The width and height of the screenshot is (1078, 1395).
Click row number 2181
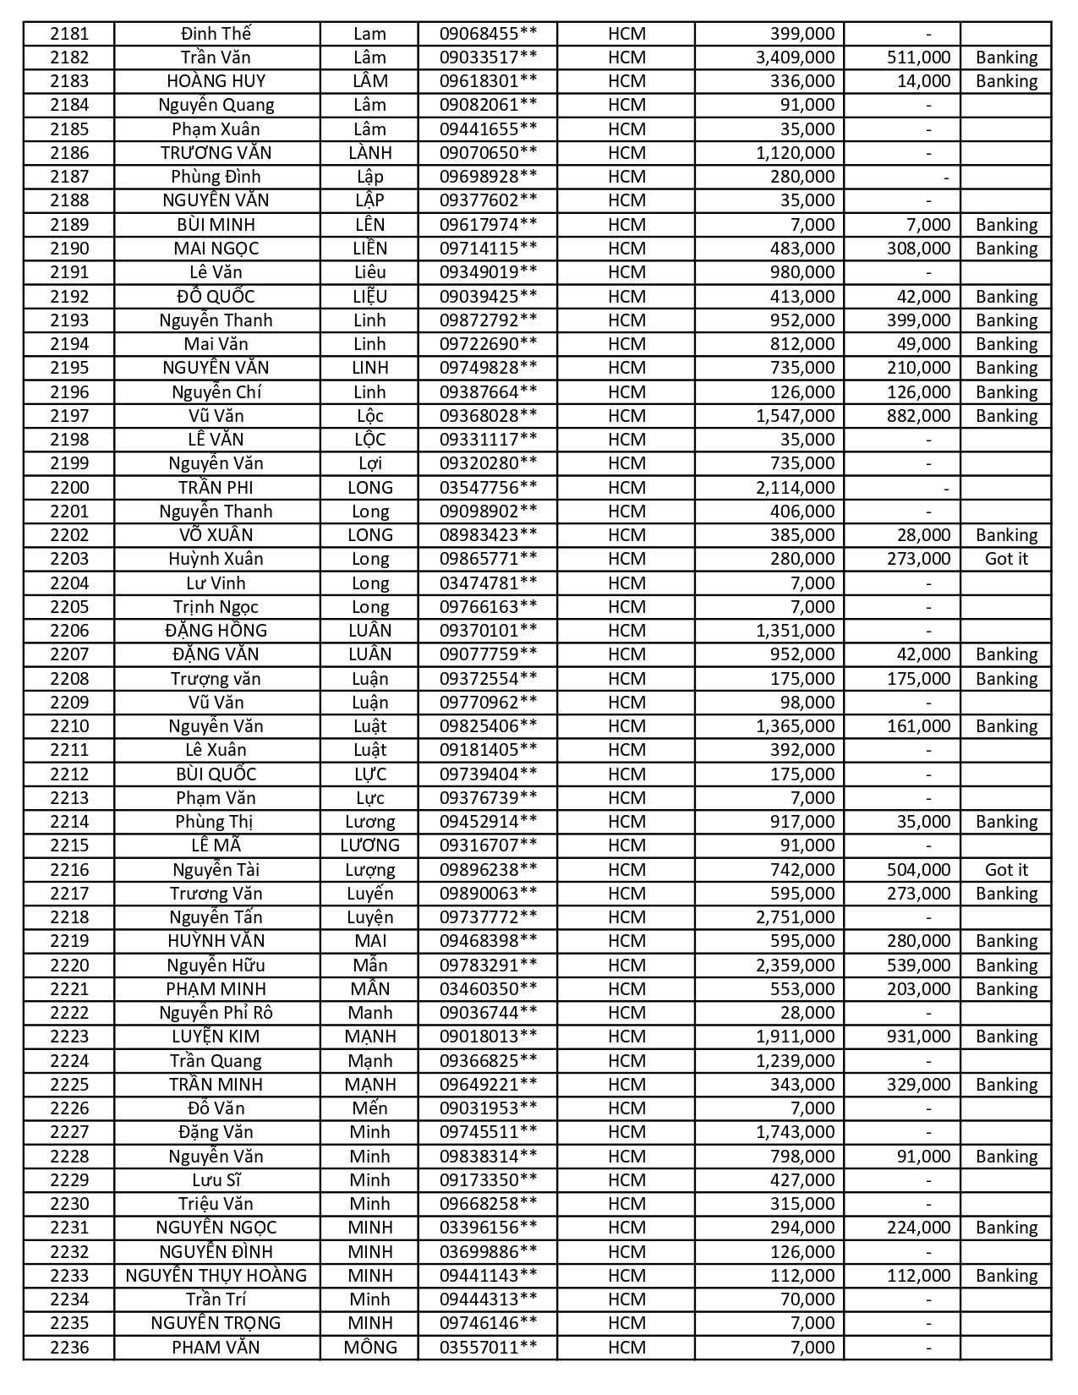coord(68,34)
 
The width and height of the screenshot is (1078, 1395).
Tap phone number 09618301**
coord(488,81)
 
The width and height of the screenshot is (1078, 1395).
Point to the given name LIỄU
coord(369,297)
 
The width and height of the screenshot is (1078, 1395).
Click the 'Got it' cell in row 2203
coord(1005,559)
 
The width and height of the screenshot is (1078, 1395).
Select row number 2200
coord(68,488)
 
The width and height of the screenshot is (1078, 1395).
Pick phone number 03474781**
coord(488,583)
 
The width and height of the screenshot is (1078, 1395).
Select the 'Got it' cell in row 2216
coord(1005,870)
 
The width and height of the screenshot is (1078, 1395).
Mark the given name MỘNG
coord(369,1348)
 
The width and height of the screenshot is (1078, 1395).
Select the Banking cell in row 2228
coord(1005,1157)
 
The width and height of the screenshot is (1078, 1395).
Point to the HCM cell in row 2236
coord(626,1348)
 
